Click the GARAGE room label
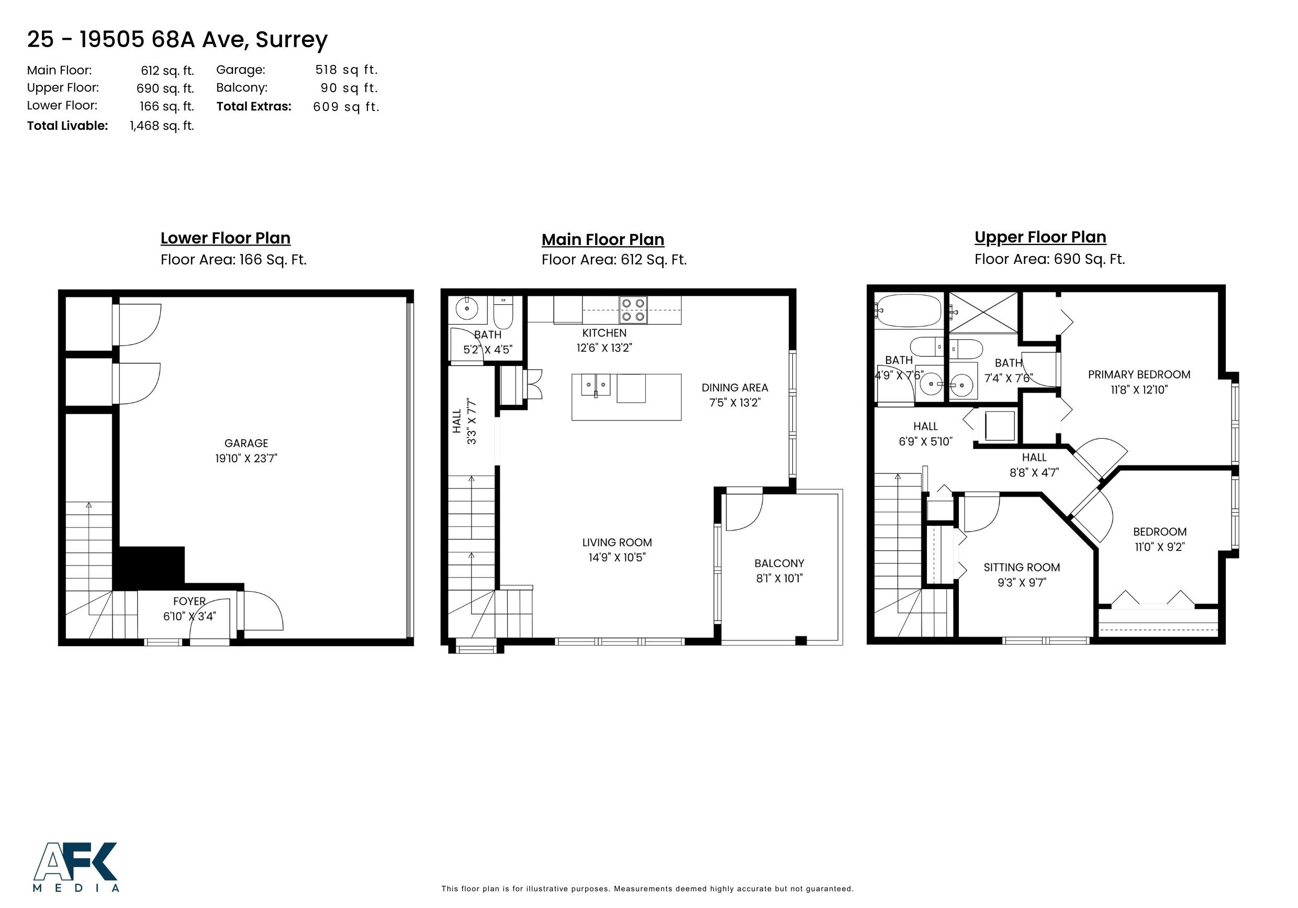(x=246, y=444)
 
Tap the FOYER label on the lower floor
(x=189, y=601)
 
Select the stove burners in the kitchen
(x=633, y=310)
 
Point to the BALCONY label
(x=779, y=563)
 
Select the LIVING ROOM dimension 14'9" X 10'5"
(x=617, y=558)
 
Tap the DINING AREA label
(x=734, y=388)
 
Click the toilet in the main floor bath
(x=502, y=312)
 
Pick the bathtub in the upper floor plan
(x=909, y=311)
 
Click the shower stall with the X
(x=982, y=312)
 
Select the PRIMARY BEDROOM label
(x=1138, y=374)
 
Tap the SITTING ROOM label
(x=1021, y=568)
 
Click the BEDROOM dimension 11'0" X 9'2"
(x=1159, y=547)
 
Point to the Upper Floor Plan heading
(x=1039, y=237)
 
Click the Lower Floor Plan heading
(x=225, y=238)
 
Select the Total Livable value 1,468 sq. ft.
(x=162, y=126)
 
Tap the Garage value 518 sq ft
(x=346, y=70)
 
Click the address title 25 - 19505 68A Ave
(x=177, y=40)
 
